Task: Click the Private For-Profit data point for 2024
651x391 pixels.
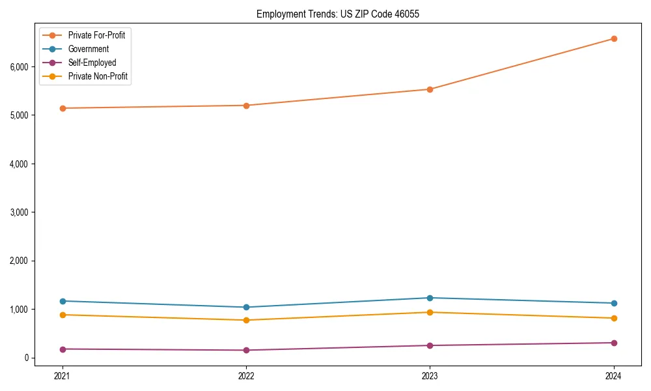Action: click(x=614, y=38)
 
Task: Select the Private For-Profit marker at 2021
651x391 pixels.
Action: click(x=62, y=108)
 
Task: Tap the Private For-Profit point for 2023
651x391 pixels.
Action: click(x=430, y=89)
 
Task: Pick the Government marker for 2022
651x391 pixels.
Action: click(x=246, y=307)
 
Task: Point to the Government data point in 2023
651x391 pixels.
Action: click(x=430, y=298)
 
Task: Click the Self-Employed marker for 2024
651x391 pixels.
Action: click(x=614, y=343)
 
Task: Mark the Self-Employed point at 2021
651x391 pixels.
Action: click(x=62, y=349)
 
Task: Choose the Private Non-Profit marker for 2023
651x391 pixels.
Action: click(x=430, y=312)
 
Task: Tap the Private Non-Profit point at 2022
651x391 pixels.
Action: click(x=246, y=320)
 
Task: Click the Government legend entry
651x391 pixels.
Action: click(x=89, y=49)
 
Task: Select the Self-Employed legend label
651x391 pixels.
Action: click(x=92, y=63)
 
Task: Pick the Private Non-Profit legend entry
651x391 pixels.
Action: click(x=98, y=76)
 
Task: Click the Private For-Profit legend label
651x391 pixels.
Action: click(x=96, y=35)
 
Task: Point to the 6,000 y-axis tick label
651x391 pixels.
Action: click(x=19, y=66)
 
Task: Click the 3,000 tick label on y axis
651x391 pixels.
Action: click(x=19, y=212)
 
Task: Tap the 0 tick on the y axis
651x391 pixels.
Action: click(x=27, y=358)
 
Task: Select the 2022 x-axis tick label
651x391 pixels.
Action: click(x=246, y=375)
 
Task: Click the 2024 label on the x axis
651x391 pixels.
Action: click(x=614, y=375)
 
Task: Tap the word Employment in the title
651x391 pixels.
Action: click(x=278, y=14)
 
